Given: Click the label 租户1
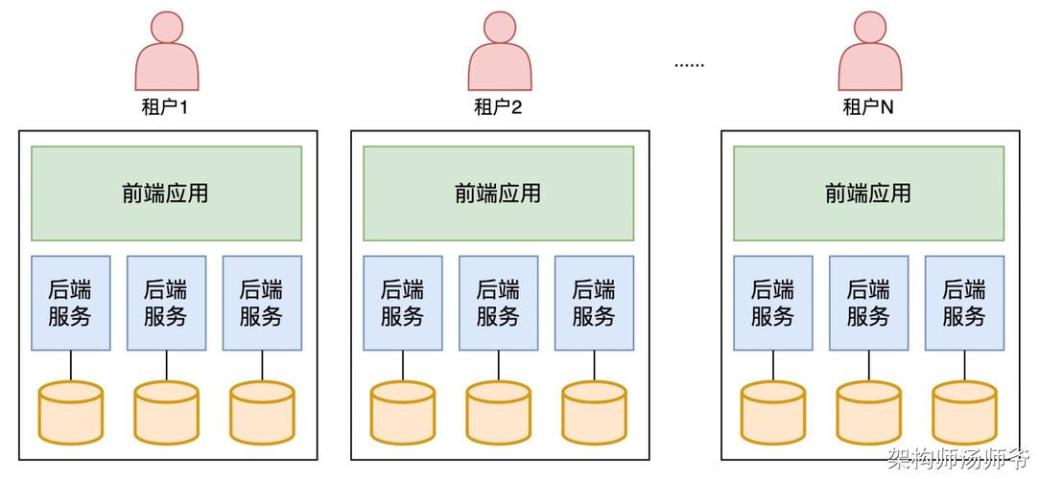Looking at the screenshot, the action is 165,107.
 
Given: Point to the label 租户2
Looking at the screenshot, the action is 498,107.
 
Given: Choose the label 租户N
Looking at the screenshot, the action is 868,107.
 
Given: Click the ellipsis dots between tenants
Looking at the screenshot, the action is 689,65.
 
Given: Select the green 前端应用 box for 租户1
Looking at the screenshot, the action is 166,194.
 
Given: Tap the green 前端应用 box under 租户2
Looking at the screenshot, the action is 498,194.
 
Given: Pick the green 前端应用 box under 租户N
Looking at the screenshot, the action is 868,194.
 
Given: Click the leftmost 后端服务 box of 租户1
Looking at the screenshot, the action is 71,303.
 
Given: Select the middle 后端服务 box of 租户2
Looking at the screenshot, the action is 498,303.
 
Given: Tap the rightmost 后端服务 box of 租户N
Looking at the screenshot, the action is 965,303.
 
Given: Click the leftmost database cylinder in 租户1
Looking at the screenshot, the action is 71,412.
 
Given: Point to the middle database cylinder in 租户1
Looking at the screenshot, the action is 166,412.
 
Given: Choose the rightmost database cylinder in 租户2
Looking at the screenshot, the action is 594,412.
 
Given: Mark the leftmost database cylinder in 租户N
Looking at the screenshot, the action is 773,412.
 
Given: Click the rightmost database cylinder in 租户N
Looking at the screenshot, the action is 964,412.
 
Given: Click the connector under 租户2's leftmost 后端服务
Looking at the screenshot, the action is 403,365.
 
